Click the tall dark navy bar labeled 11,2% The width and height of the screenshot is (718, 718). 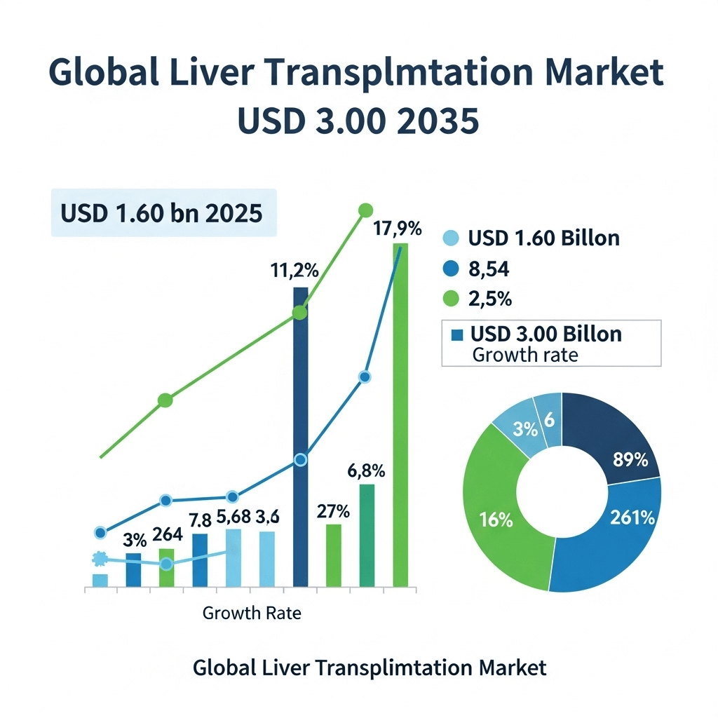(x=300, y=435)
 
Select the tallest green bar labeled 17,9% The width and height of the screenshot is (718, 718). (x=400, y=414)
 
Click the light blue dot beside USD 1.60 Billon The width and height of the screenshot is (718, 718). (x=451, y=238)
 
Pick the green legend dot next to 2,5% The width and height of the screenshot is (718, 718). (x=451, y=299)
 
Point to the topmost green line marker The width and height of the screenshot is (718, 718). (x=365, y=210)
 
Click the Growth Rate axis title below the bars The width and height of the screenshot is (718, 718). (x=252, y=614)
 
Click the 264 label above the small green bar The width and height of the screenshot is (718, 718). (x=168, y=534)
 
